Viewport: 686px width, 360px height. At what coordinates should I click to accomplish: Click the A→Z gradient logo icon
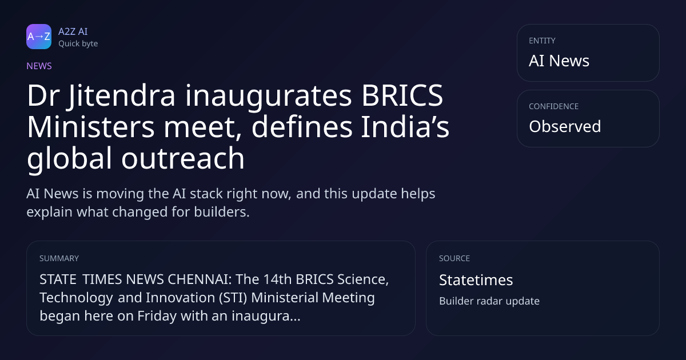pos(39,37)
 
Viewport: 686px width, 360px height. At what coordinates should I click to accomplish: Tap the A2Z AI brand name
pos(73,31)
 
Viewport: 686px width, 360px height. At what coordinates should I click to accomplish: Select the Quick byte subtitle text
pos(78,44)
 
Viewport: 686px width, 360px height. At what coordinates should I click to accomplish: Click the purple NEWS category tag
pos(39,66)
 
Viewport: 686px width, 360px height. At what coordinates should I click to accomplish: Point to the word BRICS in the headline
pos(402,95)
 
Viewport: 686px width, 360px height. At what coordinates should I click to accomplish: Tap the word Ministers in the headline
pos(91,127)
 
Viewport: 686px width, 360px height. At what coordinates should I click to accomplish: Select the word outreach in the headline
pos(183,158)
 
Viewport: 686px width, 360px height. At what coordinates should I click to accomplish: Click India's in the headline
pos(405,127)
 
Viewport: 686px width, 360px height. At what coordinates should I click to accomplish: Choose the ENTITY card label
pos(542,41)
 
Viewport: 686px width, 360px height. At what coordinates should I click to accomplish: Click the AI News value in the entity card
pos(559,61)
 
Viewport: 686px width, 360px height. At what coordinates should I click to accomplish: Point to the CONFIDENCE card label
pos(554,106)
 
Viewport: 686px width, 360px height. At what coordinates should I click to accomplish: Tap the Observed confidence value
pos(565,126)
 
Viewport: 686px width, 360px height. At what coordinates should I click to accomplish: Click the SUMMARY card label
pos(59,258)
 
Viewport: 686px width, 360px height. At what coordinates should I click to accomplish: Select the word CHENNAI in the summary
pos(200,279)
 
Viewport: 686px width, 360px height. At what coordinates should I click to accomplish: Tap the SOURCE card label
pos(454,258)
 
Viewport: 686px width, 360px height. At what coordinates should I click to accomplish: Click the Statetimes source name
pos(476,280)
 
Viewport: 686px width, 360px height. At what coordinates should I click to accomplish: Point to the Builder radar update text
pos(489,301)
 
